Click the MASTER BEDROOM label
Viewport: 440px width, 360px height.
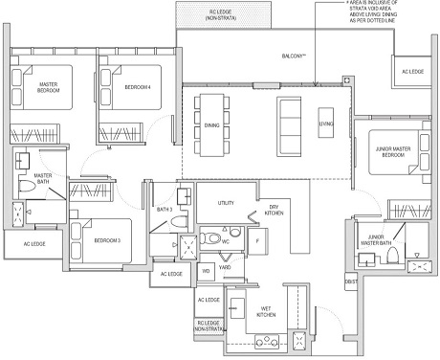click(x=49, y=87)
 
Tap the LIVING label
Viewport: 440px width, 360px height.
click(x=326, y=124)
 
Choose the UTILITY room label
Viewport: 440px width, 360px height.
click(x=226, y=203)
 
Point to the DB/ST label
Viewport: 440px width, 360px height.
click(x=350, y=281)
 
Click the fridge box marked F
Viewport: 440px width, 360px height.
click(x=258, y=240)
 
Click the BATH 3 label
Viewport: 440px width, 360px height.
click(x=164, y=209)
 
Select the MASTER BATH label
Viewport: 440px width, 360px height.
click(x=42, y=180)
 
